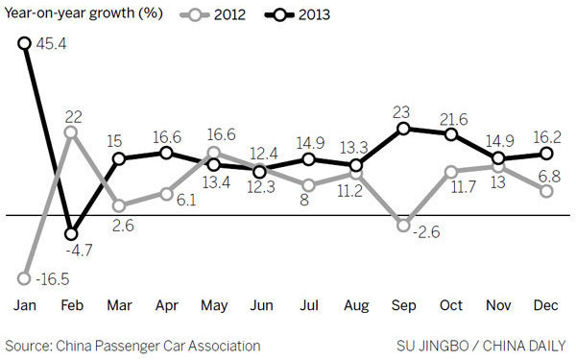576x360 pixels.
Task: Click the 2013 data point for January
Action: [x=23, y=42]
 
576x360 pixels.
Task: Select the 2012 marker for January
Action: [x=23, y=279]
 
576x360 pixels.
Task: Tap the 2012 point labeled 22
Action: [x=70, y=132]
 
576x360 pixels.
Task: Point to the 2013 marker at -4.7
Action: [x=70, y=233]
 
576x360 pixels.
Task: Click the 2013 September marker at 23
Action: [x=404, y=128]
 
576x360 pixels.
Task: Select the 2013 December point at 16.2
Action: [x=547, y=154]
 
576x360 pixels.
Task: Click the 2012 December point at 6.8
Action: [x=547, y=191]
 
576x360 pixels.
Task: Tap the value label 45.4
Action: [x=50, y=43]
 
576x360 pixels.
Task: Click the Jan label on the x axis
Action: [x=23, y=304]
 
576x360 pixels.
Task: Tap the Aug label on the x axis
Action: [x=356, y=304]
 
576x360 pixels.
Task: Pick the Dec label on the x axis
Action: [x=547, y=304]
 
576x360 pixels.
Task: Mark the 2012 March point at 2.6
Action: [x=118, y=205]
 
